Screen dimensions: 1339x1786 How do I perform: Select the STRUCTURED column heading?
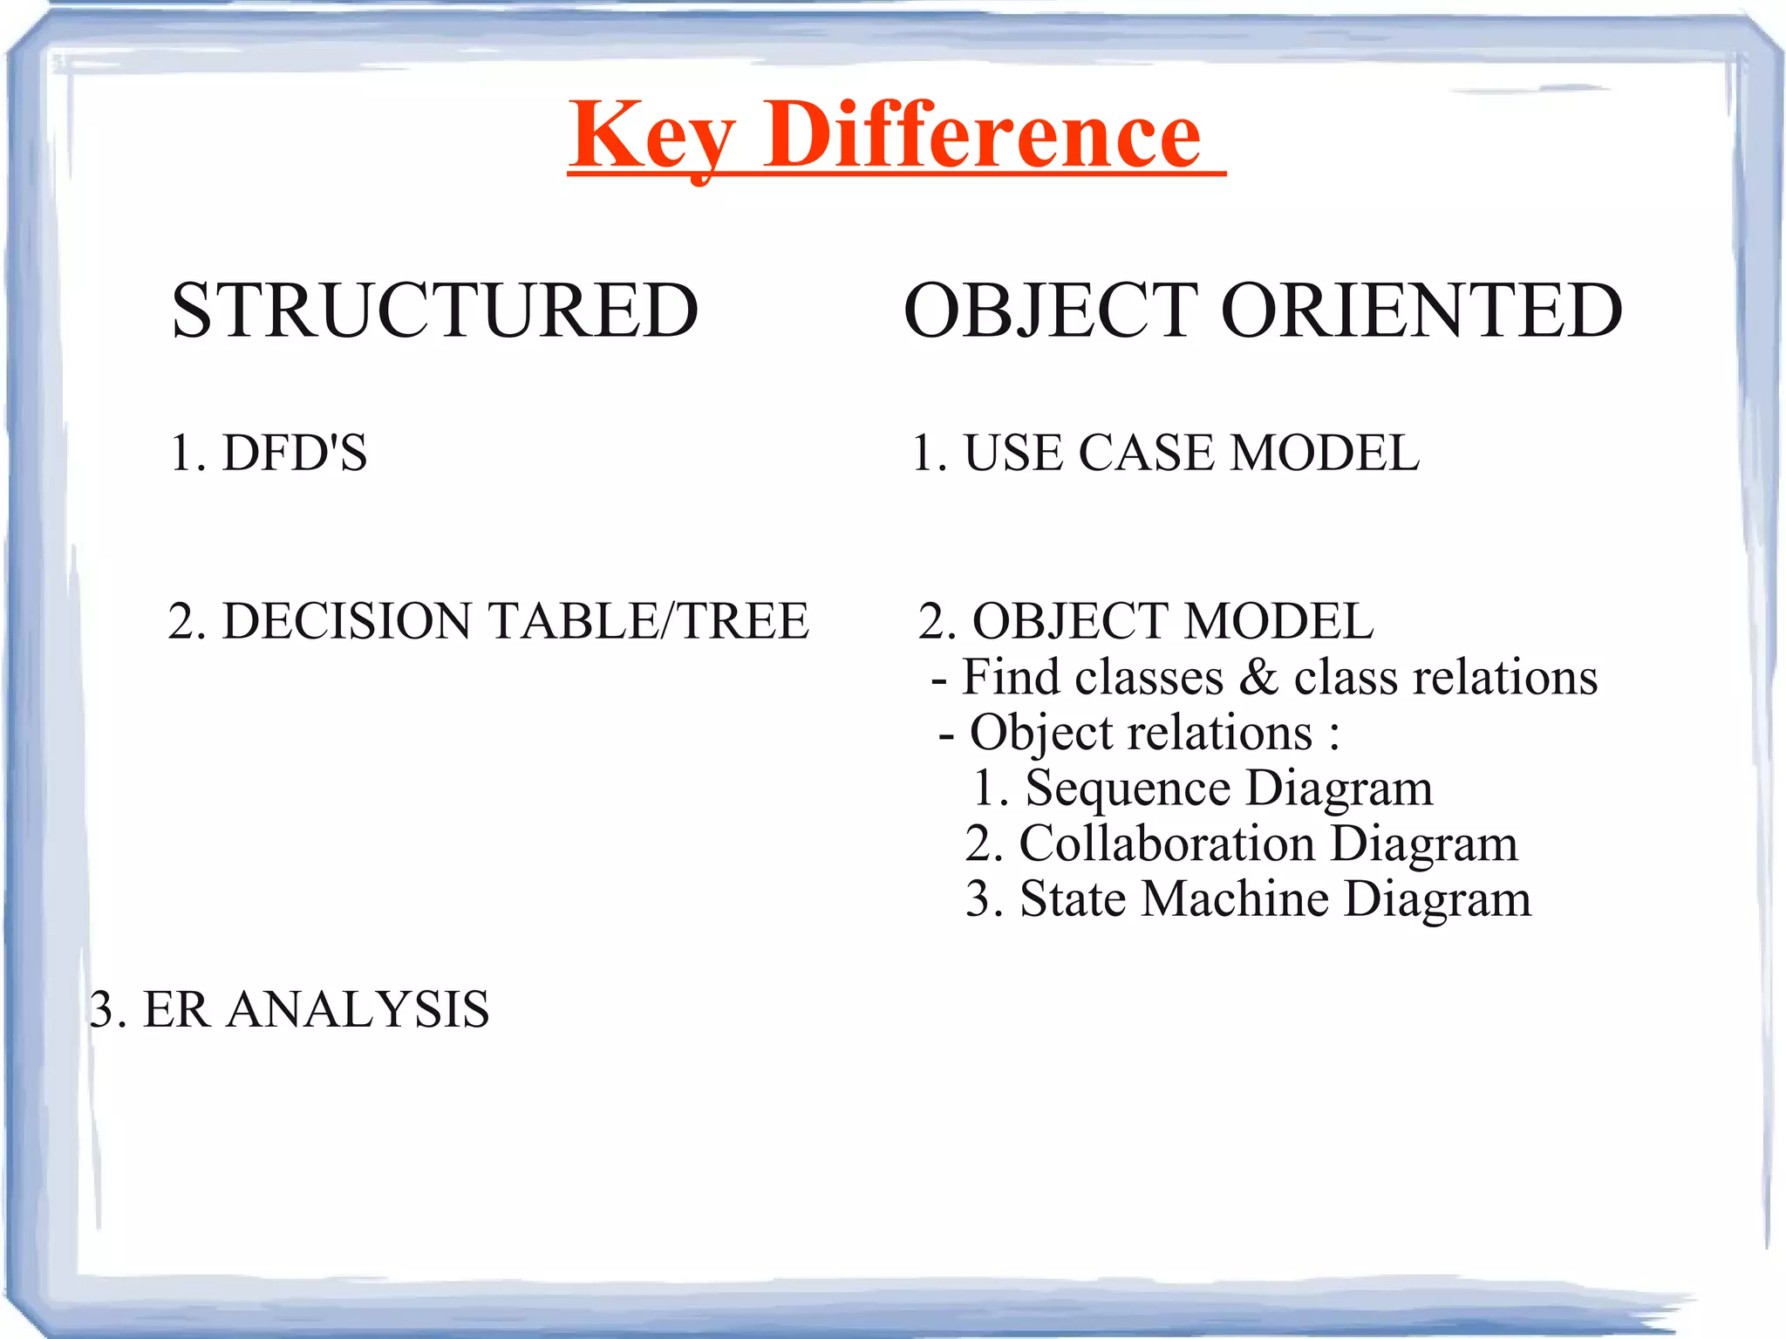435,311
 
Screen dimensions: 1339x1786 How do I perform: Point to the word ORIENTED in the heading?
1421,311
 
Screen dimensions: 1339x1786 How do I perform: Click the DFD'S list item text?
295,453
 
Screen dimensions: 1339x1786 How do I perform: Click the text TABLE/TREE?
648,621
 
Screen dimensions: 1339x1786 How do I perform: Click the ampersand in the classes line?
1258,677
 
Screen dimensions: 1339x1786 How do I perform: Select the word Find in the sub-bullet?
1005,677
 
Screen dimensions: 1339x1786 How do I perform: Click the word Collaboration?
1167,844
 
